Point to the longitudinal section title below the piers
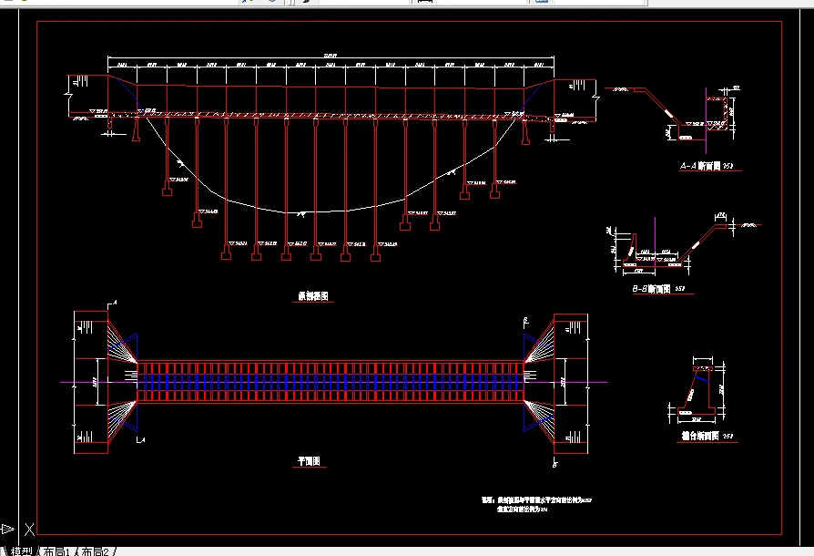(312, 296)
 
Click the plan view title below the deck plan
(307, 462)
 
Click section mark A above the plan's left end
(114, 303)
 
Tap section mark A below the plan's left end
(114, 441)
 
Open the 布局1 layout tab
(56, 551)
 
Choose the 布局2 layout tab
(95, 551)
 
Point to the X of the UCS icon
(29, 529)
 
